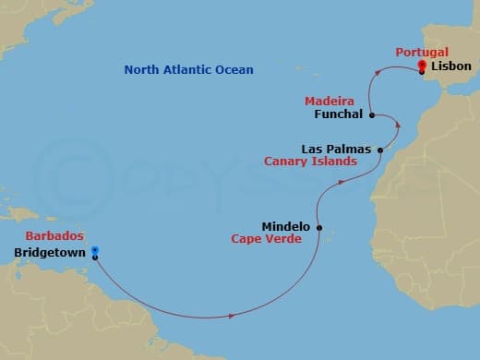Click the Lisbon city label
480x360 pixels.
click(450, 66)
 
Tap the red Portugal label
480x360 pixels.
click(422, 53)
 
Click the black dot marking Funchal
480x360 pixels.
click(371, 116)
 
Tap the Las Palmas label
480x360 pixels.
click(336, 149)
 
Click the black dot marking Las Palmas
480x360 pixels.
click(379, 149)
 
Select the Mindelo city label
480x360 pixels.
click(285, 225)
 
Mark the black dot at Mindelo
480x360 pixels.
click(319, 227)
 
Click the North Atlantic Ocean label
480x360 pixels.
click(188, 70)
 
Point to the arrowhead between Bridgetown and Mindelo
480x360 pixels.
click(230, 316)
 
